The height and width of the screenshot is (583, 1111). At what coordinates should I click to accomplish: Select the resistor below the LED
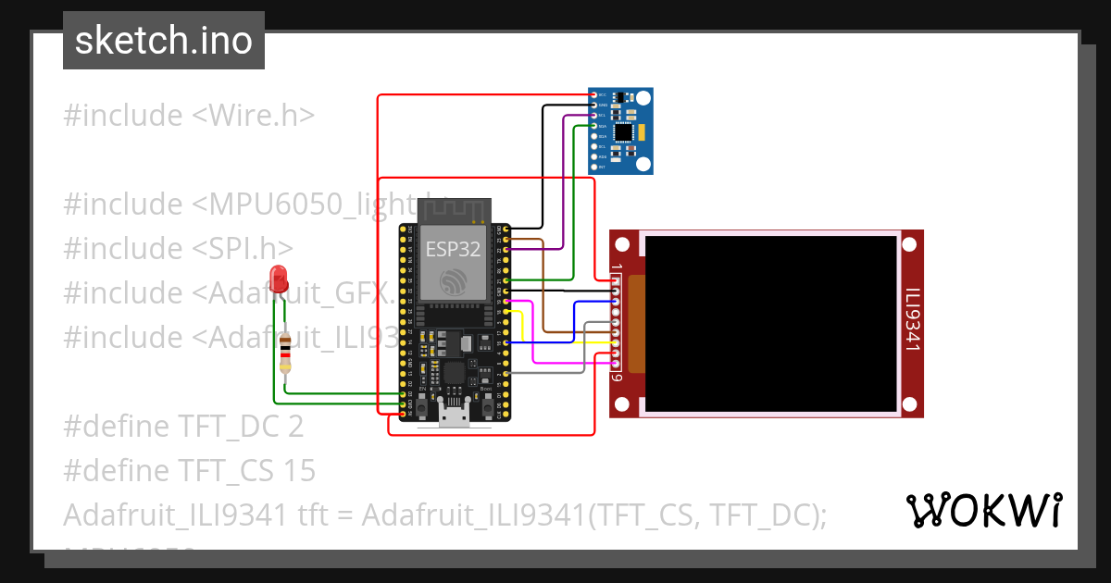286,353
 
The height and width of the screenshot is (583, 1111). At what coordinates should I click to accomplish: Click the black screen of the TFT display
770,324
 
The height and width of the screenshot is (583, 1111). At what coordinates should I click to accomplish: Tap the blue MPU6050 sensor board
621,130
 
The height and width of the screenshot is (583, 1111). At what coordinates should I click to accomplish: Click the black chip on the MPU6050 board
625,132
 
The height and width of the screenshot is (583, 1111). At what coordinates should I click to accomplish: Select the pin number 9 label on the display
616,377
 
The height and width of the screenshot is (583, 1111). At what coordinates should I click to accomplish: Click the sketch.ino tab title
164,41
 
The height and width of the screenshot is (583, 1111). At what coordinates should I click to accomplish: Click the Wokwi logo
983,510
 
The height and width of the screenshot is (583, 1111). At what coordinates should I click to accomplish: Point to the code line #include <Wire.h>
189,116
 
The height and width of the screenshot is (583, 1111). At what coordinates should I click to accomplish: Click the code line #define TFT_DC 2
183,427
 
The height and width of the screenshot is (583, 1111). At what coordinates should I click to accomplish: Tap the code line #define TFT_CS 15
190,471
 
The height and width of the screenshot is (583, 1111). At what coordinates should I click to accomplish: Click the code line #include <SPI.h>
179,248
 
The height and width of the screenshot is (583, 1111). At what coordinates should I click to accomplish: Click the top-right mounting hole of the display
911,244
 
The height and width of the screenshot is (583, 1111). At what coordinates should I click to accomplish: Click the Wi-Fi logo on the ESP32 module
454,281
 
